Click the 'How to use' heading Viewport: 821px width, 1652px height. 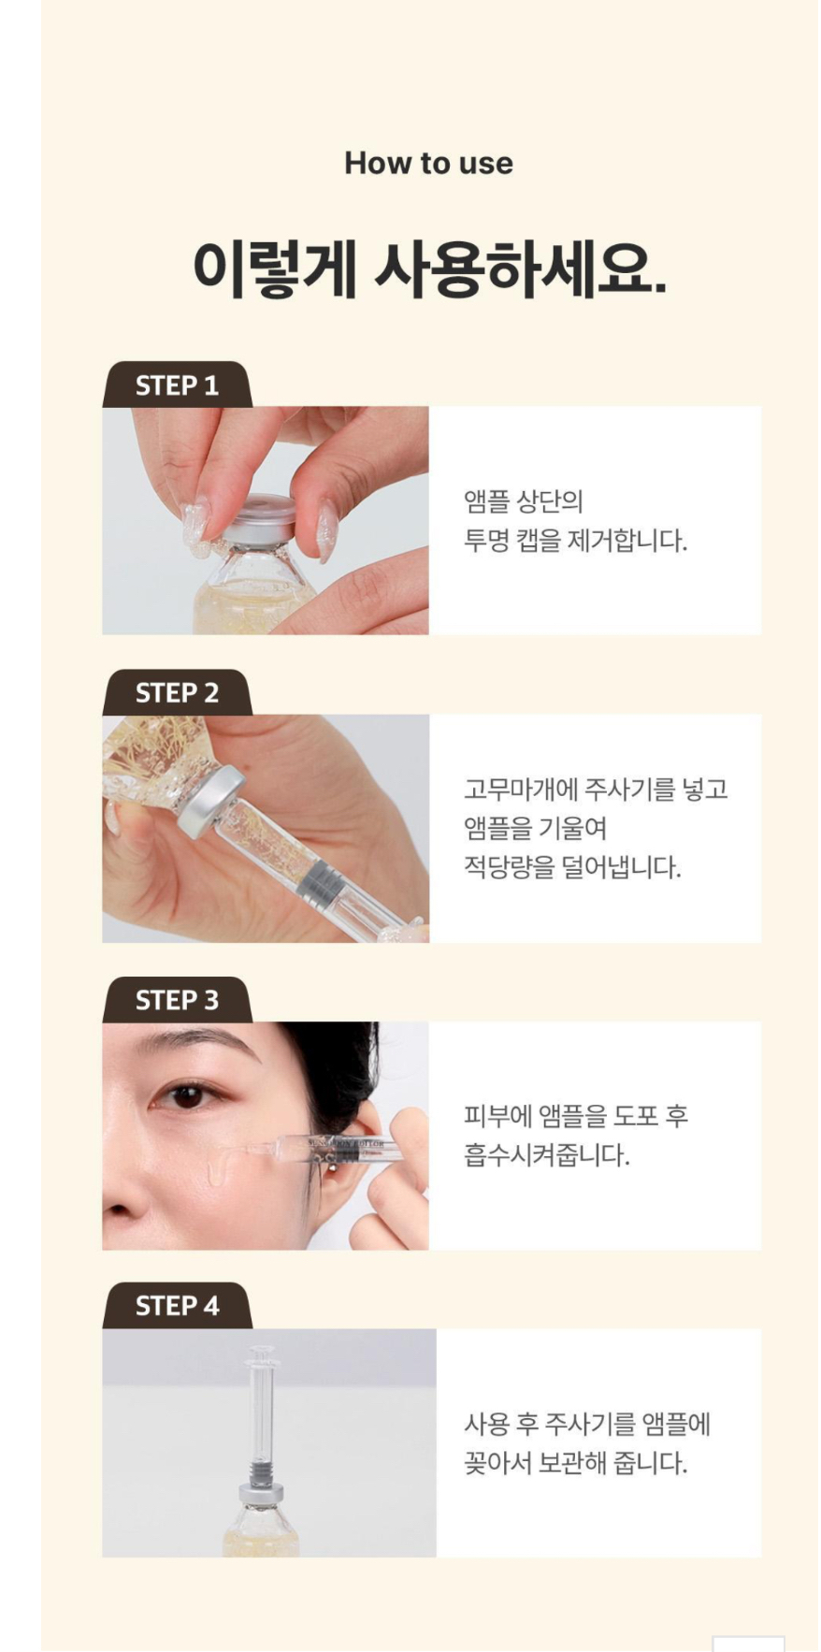[428, 163]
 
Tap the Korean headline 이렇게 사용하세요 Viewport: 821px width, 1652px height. [429, 268]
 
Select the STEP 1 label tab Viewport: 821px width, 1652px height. [177, 384]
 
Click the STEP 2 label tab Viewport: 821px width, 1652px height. [177, 692]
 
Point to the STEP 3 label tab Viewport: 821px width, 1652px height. [177, 999]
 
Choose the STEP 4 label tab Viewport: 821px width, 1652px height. [177, 1305]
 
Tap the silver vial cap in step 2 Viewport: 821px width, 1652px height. [212, 802]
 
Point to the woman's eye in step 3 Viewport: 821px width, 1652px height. [189, 1095]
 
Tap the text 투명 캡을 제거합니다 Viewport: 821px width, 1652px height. [575, 541]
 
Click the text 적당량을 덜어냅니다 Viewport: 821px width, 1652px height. [572, 867]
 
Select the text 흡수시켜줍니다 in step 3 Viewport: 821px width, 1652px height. [547, 1155]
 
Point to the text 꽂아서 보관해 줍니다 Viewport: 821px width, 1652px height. [575, 1463]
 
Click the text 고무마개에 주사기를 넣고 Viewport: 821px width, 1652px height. [596, 789]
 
